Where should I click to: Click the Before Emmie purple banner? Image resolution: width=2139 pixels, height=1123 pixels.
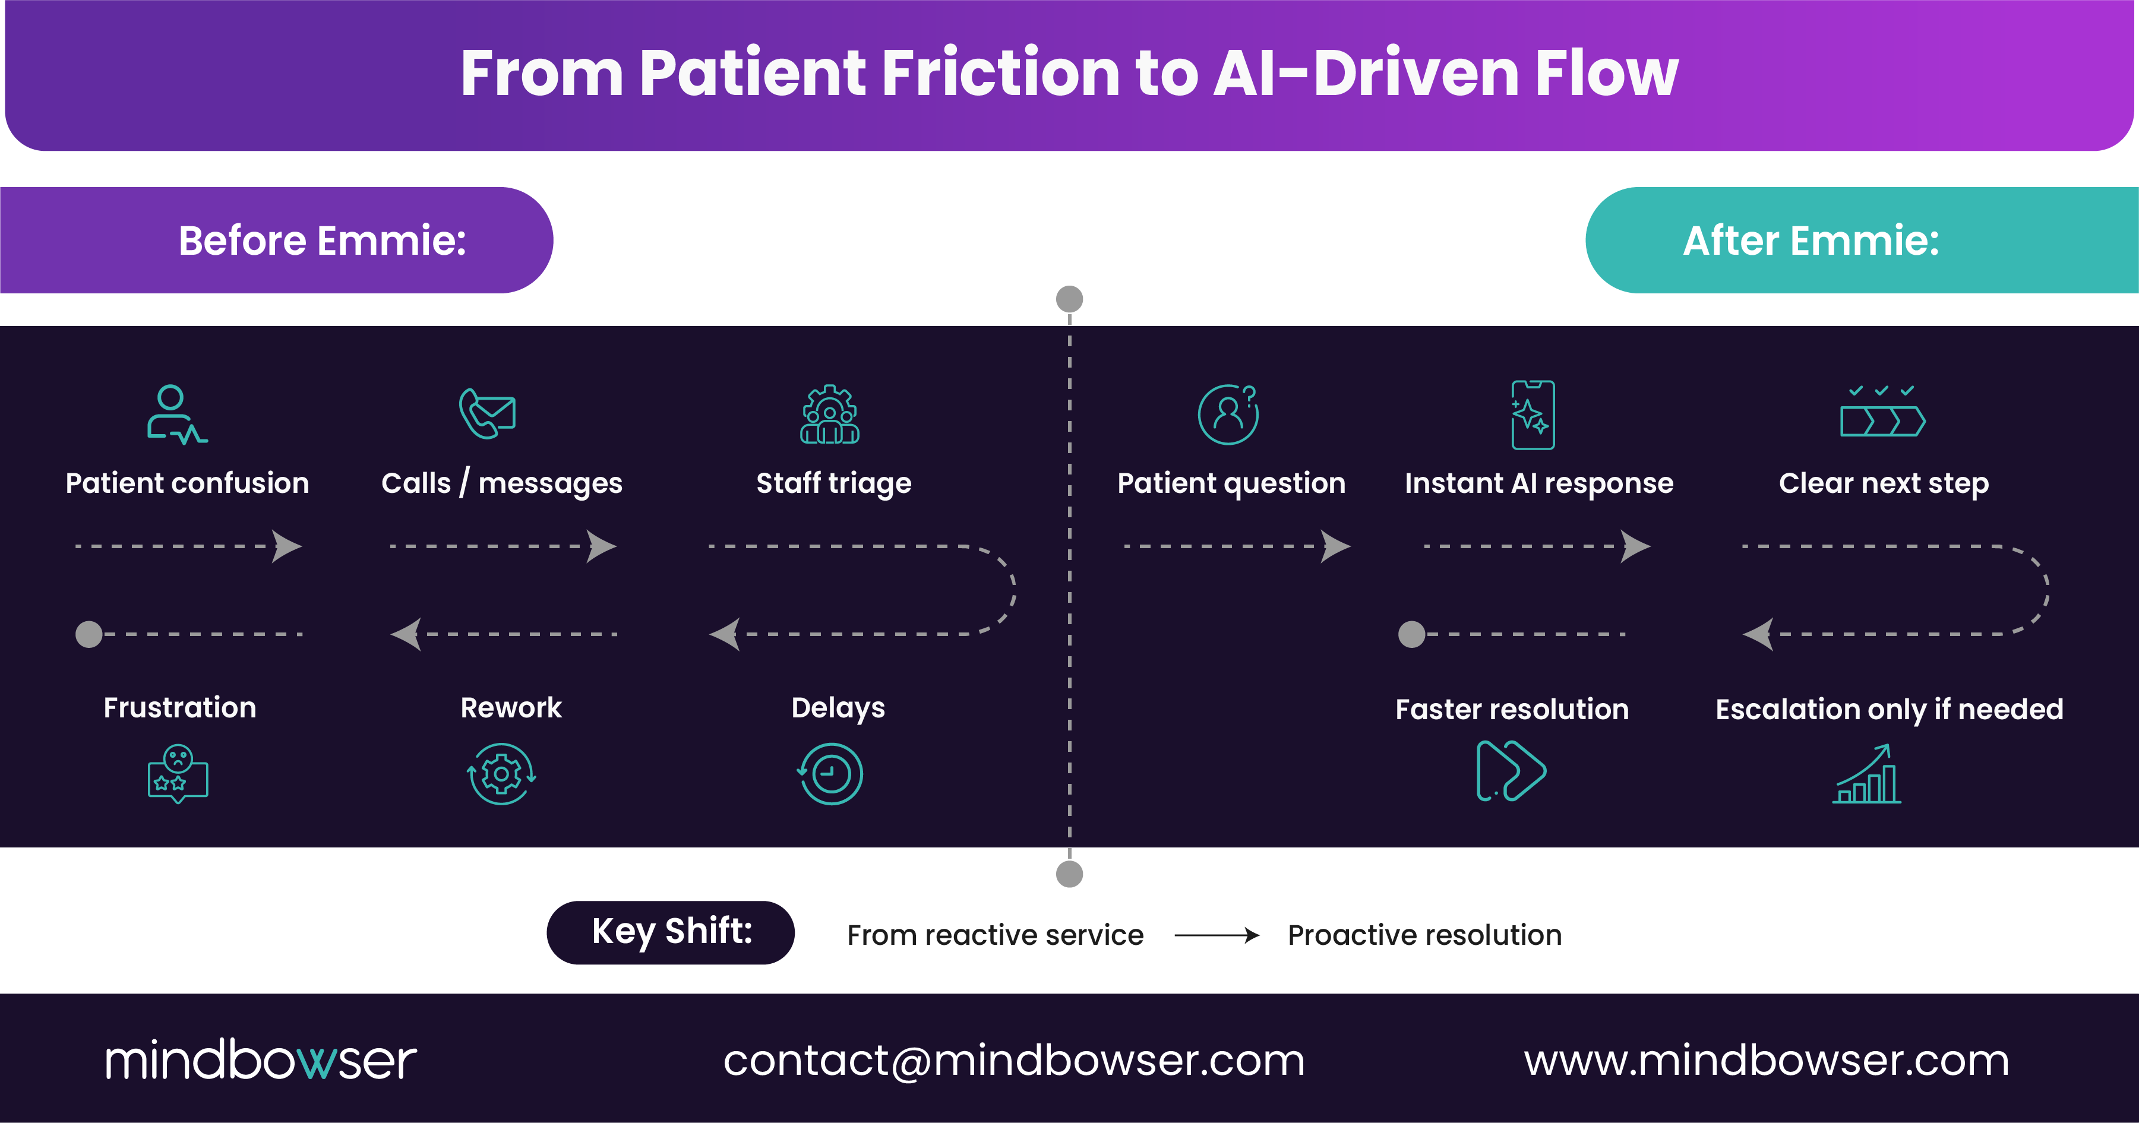(x=277, y=241)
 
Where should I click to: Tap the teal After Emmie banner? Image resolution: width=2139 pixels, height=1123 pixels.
(x=1860, y=241)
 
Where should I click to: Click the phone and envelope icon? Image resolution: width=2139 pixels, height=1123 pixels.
(x=488, y=413)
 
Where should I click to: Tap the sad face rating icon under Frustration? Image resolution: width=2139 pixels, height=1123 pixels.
(x=178, y=774)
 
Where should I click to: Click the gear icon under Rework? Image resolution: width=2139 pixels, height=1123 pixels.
(x=501, y=774)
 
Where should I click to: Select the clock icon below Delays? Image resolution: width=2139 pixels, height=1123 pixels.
(x=830, y=774)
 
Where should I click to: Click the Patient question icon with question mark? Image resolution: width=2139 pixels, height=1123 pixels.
(x=1228, y=414)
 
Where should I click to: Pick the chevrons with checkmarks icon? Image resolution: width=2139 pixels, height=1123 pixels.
(x=1882, y=413)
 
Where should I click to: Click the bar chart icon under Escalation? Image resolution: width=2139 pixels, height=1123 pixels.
(x=1868, y=774)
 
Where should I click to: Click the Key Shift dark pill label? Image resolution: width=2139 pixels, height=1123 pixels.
(x=670, y=932)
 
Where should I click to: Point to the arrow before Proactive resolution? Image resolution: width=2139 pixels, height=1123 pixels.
(x=1217, y=935)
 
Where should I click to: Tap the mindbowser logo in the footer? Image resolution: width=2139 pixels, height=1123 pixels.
(x=260, y=1060)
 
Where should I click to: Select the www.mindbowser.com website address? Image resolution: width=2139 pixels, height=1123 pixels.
(x=1766, y=1060)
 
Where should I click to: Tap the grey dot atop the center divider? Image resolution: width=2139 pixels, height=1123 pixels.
(x=1069, y=299)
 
